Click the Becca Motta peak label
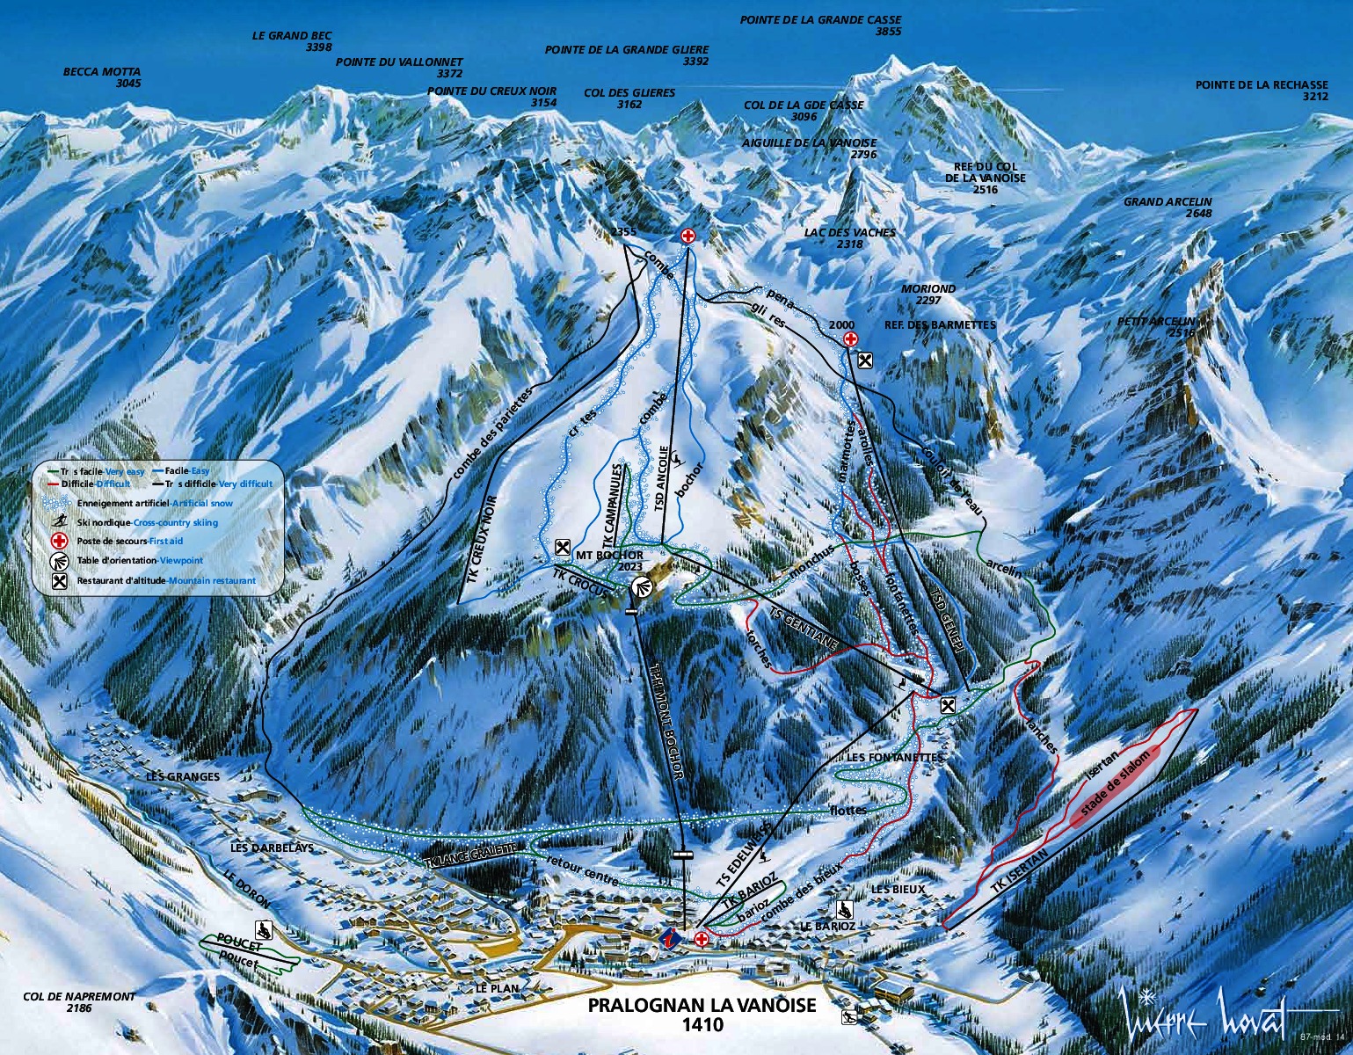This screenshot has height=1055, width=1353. pyautogui.click(x=101, y=77)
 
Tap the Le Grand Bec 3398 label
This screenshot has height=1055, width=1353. pyautogui.click(x=292, y=41)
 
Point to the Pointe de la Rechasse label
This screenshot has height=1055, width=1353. pyautogui.click(x=1261, y=91)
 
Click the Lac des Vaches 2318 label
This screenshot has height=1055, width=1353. pyautogui.click(x=849, y=237)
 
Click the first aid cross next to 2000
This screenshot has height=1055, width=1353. pyautogui.click(x=849, y=339)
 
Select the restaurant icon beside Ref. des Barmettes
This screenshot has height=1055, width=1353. pyautogui.click(x=865, y=359)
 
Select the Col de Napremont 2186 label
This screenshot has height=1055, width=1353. pyautogui.click(x=79, y=1002)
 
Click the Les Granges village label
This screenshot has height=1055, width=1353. pyautogui.click(x=183, y=776)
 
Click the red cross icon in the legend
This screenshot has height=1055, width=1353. pyautogui.click(x=60, y=542)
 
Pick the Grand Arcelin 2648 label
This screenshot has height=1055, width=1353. pyautogui.click(x=1167, y=207)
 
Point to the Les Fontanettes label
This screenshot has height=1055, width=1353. pyautogui.click(x=893, y=757)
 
